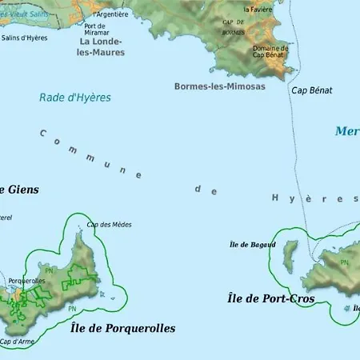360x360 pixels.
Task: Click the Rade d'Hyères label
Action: [74, 98]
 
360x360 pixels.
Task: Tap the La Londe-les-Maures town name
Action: [101, 46]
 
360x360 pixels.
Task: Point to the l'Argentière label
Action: [110, 14]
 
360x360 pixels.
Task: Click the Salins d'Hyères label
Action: [24, 38]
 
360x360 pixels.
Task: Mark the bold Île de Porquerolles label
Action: [122, 328]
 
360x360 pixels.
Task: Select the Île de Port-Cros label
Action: [266, 298]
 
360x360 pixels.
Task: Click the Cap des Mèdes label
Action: [109, 225]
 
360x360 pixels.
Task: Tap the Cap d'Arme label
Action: [16, 342]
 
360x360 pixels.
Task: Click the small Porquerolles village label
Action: [26, 281]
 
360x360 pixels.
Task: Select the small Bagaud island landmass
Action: [290, 256]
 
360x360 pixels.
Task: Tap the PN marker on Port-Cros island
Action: [344, 262]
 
